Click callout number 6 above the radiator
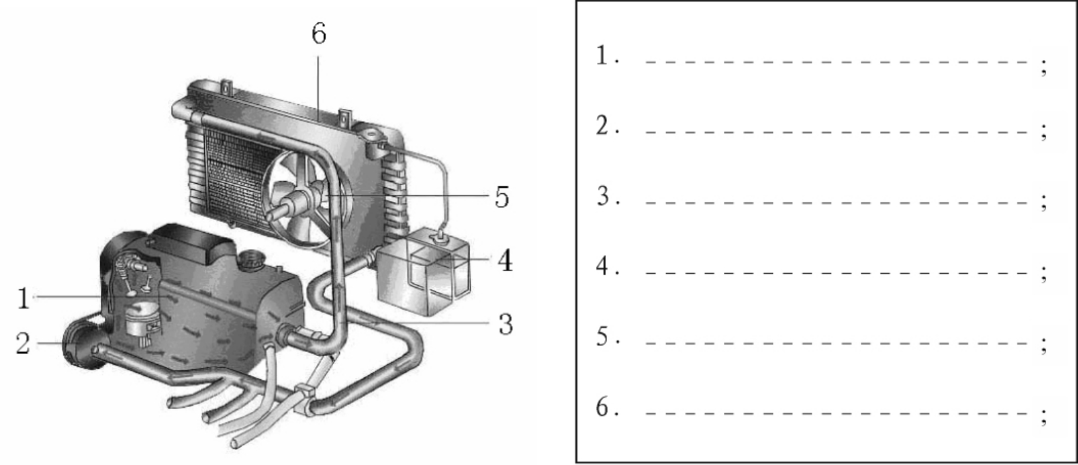pyautogui.click(x=319, y=33)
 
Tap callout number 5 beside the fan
pyautogui.click(x=502, y=197)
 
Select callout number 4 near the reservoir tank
pyautogui.click(x=505, y=261)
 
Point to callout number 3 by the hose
pyautogui.click(x=506, y=324)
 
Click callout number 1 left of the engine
pyautogui.click(x=24, y=298)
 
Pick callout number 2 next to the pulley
pyautogui.click(x=22, y=344)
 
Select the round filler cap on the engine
pyautogui.click(x=250, y=261)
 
